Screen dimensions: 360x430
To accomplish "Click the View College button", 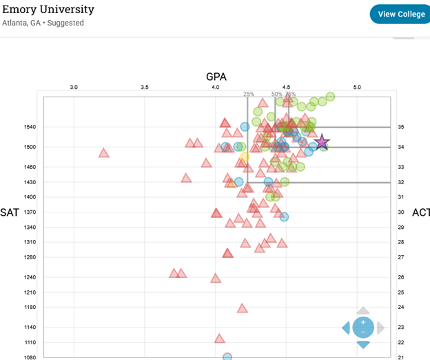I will [x=401, y=14].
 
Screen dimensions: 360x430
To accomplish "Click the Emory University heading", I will [x=48, y=10].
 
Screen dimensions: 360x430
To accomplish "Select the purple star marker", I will [x=322, y=143].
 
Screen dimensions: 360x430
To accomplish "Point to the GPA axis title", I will [x=216, y=77].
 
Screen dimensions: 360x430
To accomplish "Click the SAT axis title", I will [x=10, y=212].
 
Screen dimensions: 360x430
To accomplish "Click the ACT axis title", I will [x=420, y=212].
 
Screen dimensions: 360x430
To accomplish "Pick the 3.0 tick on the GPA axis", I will [x=74, y=88].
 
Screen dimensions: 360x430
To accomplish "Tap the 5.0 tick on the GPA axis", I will [x=357, y=88].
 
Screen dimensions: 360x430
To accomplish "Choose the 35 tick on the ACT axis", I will [x=400, y=128].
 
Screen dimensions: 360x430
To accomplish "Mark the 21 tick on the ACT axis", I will [x=400, y=357].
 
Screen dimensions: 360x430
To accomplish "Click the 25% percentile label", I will [x=248, y=94].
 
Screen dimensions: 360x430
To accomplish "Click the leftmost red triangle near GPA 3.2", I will [x=104, y=153].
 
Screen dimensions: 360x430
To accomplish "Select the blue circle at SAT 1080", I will [x=227, y=357].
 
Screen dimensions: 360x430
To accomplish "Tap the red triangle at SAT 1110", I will [x=220, y=339].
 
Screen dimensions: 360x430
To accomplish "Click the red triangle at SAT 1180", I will [x=242, y=308].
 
